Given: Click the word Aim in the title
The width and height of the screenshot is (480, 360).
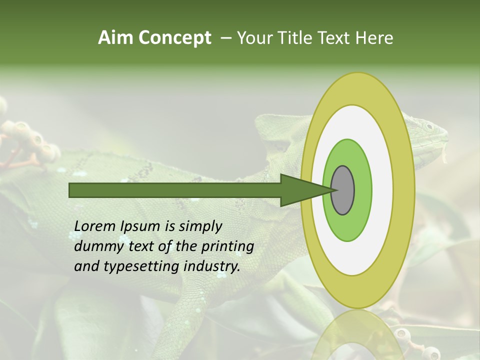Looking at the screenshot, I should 116,38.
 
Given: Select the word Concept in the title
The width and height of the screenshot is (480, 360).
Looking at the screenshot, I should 174,38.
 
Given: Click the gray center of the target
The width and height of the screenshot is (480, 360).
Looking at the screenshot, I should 343,190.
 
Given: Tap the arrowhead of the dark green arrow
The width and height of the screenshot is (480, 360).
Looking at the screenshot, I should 300,190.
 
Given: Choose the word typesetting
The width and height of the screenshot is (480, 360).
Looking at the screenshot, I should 138,267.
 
